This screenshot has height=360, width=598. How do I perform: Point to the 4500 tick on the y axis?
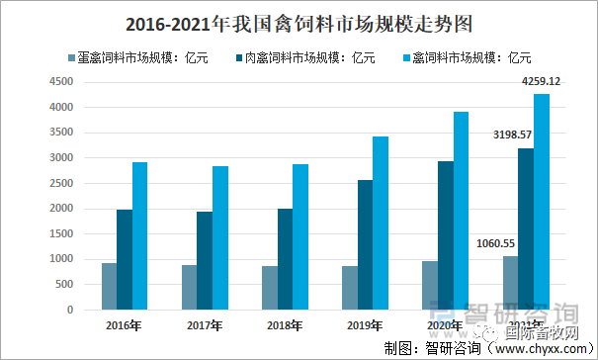pyautogui.click(x=62, y=82)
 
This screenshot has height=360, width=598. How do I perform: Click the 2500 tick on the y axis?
pyautogui.click(x=62, y=183)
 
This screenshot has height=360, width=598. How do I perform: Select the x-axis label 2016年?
pyautogui.click(x=125, y=323)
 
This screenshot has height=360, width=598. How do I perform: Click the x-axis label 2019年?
pyautogui.click(x=366, y=323)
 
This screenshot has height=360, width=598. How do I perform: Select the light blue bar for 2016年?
pyautogui.click(x=140, y=235)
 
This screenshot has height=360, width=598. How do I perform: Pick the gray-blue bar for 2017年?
pyautogui.click(x=189, y=287)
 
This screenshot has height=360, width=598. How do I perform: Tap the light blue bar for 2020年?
pyautogui.click(x=462, y=211)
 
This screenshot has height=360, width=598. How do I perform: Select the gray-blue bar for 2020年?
pyautogui.click(x=430, y=285)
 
